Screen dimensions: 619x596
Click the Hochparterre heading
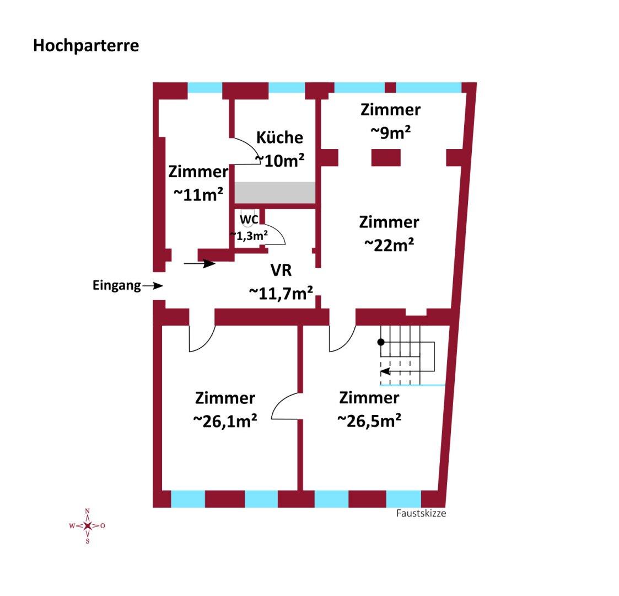tap(86, 46)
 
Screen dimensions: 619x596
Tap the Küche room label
tap(280, 137)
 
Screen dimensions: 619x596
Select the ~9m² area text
tap(390, 132)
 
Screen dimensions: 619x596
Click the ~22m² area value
tap(389, 245)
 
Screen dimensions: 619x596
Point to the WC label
tap(249, 219)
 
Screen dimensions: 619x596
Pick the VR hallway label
tap(281, 270)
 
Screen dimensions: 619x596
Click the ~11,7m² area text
tap(281, 293)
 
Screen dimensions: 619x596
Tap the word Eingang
tap(116, 285)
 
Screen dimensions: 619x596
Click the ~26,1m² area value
tap(225, 421)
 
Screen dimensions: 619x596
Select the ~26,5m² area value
tap(369, 421)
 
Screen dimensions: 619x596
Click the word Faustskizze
tap(421, 513)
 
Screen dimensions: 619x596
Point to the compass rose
tap(87, 526)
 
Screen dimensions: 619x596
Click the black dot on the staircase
tap(381, 342)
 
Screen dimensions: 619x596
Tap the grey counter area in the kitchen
tap(275, 193)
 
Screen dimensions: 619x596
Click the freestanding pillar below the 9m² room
tap(386, 158)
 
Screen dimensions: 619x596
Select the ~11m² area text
tap(198, 194)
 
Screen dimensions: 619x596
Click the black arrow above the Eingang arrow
tap(200, 264)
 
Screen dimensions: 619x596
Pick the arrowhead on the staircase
tap(385, 371)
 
